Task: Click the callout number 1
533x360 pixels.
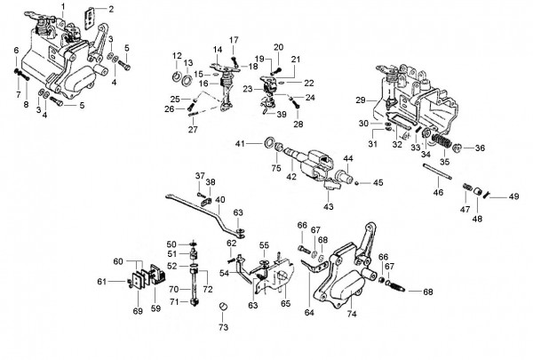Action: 63,6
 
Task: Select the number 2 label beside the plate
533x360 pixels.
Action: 111,9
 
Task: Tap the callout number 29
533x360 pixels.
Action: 361,100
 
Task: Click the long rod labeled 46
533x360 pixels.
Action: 437,172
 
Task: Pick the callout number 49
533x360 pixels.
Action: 514,196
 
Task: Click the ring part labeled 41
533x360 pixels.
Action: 270,142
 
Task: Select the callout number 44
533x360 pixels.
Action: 348,158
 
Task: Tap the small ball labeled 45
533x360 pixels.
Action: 356,183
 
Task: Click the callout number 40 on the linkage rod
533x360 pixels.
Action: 220,199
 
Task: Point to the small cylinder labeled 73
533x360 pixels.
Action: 223,306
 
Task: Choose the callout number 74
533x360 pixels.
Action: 352,314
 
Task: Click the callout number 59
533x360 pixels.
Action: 155,308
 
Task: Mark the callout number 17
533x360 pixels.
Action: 234,40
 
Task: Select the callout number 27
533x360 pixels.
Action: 193,129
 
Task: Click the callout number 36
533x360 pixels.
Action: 480,148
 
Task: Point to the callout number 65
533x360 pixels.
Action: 285,303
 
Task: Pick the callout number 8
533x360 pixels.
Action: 26,105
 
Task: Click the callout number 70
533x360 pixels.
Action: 174,289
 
